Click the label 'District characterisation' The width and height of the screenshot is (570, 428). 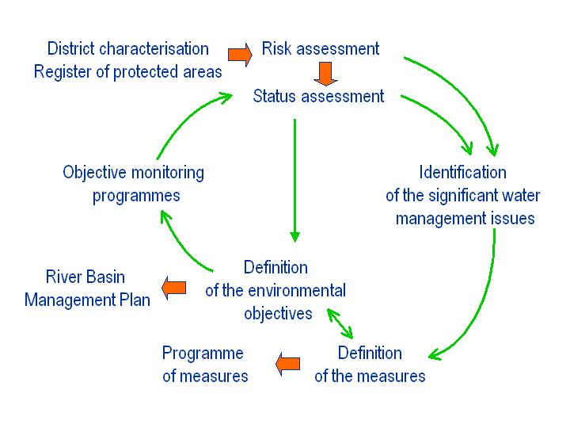[x=128, y=49]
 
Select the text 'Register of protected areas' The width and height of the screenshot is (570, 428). [x=128, y=71]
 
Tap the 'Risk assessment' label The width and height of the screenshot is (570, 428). [x=321, y=49]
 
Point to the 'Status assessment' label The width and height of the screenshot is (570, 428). [x=318, y=97]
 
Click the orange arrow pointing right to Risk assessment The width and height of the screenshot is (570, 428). [x=240, y=55]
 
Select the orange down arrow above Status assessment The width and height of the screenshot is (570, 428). [x=325, y=74]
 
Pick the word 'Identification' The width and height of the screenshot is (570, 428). [x=463, y=172]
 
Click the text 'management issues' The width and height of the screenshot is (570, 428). [x=465, y=219]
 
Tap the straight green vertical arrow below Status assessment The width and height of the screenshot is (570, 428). [x=294, y=180]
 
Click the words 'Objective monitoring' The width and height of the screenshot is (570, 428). [x=134, y=173]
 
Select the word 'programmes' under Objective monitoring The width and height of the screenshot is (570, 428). [x=136, y=197]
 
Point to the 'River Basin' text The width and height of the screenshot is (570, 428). [x=85, y=277]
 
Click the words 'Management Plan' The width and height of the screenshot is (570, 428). [x=87, y=300]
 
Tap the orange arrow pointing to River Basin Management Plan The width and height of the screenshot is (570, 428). [x=173, y=288]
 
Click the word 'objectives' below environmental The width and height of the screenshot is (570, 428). [x=278, y=314]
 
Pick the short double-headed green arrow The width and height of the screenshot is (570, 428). [x=340, y=323]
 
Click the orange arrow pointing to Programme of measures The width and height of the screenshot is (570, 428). [x=288, y=364]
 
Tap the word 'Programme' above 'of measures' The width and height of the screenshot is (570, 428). [x=203, y=353]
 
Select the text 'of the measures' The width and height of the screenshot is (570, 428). [x=370, y=376]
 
